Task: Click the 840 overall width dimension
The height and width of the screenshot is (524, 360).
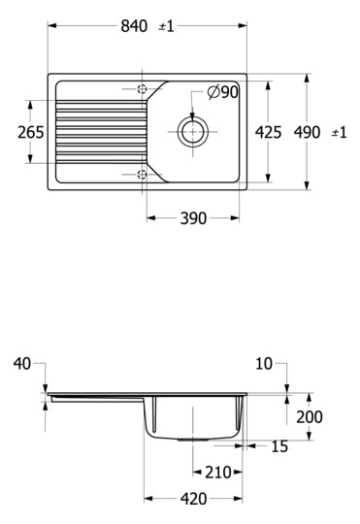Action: [134, 26]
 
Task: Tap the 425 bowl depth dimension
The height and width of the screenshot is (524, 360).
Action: [269, 131]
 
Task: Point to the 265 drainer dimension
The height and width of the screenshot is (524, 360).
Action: [31, 131]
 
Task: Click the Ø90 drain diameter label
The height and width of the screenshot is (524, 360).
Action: [223, 92]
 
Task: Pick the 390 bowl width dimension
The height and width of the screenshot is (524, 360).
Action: [193, 218]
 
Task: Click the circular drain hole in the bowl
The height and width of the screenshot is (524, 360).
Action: [193, 131]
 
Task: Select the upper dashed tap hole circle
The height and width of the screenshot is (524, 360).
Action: [143, 88]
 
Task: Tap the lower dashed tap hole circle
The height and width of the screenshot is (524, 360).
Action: [143, 175]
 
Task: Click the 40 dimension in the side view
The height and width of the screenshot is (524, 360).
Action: [22, 364]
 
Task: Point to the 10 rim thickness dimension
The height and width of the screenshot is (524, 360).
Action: [263, 364]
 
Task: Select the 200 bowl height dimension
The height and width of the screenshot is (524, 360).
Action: [310, 416]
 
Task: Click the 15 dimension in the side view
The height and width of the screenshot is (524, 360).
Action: [279, 446]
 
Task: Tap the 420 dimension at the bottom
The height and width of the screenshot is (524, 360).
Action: [193, 499]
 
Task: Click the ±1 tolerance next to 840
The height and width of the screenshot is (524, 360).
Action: [166, 26]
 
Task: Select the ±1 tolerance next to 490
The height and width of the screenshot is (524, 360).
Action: [339, 131]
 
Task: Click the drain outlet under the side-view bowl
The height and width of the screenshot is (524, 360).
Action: [194, 440]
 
